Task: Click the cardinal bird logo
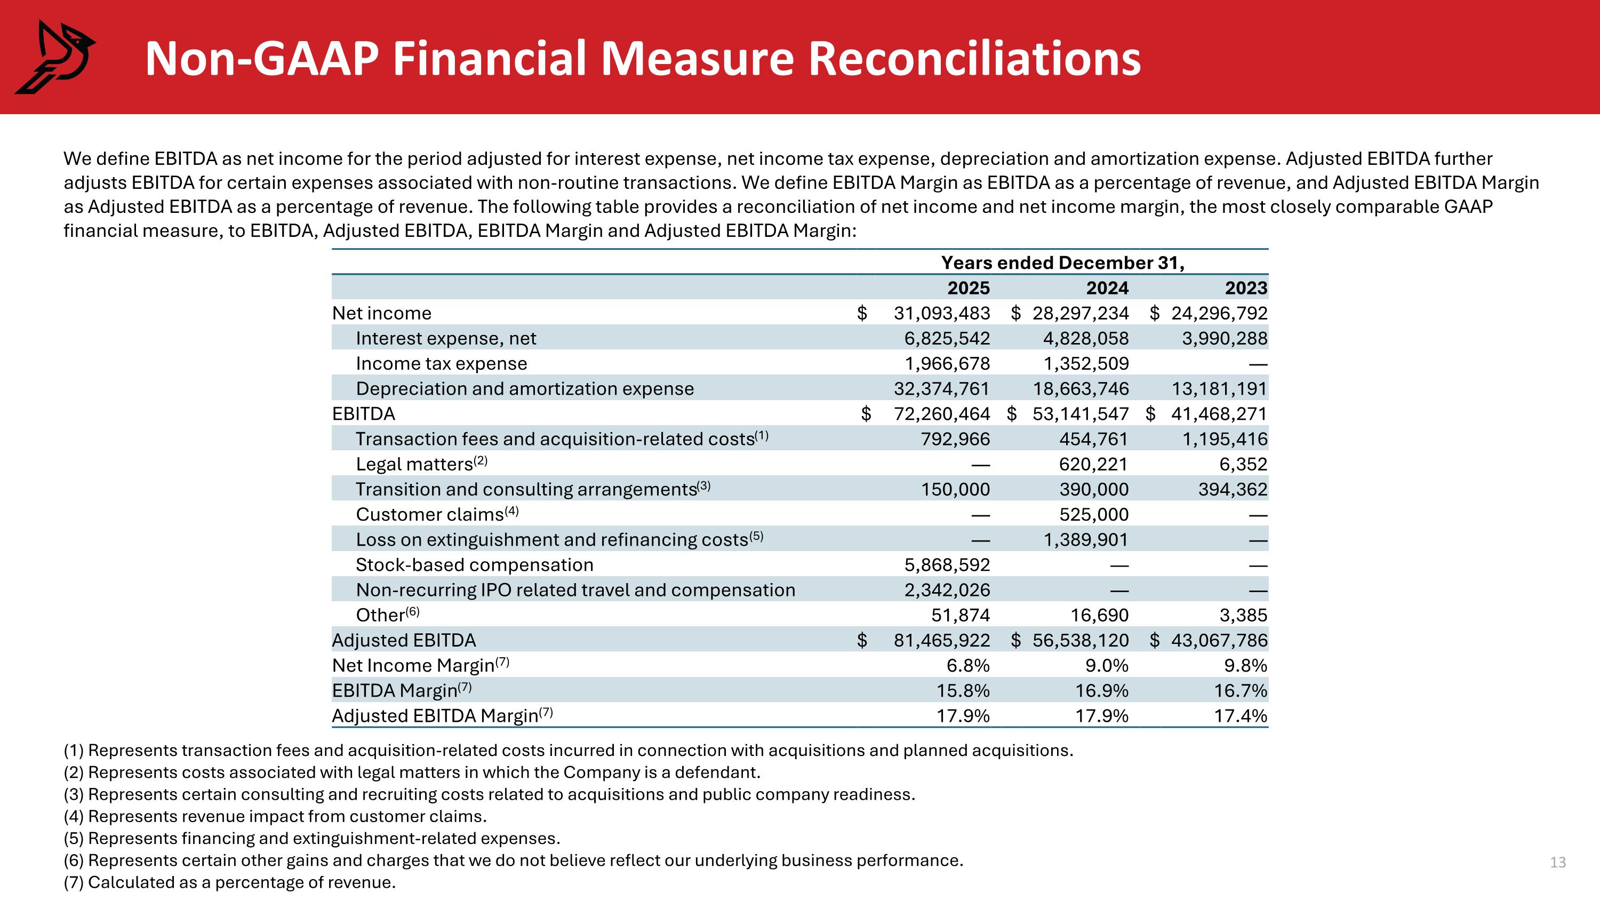[54, 57]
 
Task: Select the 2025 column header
[969, 288]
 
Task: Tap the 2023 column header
[1246, 288]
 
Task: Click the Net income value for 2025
[942, 313]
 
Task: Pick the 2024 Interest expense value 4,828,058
[1086, 339]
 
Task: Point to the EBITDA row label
[363, 413]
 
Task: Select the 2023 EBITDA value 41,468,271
[1219, 413]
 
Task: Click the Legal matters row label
[422, 464]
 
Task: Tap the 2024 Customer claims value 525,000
[1094, 514]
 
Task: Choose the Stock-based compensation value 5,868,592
[947, 564]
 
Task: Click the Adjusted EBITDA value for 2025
[942, 640]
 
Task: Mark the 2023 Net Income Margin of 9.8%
[1245, 666]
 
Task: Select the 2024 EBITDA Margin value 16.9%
[1102, 691]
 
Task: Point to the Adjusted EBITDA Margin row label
[442, 716]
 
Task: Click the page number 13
[1558, 862]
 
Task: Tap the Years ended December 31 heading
[1063, 262]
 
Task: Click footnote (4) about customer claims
[275, 816]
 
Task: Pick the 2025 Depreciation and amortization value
[942, 389]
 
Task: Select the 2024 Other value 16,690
[1099, 615]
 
